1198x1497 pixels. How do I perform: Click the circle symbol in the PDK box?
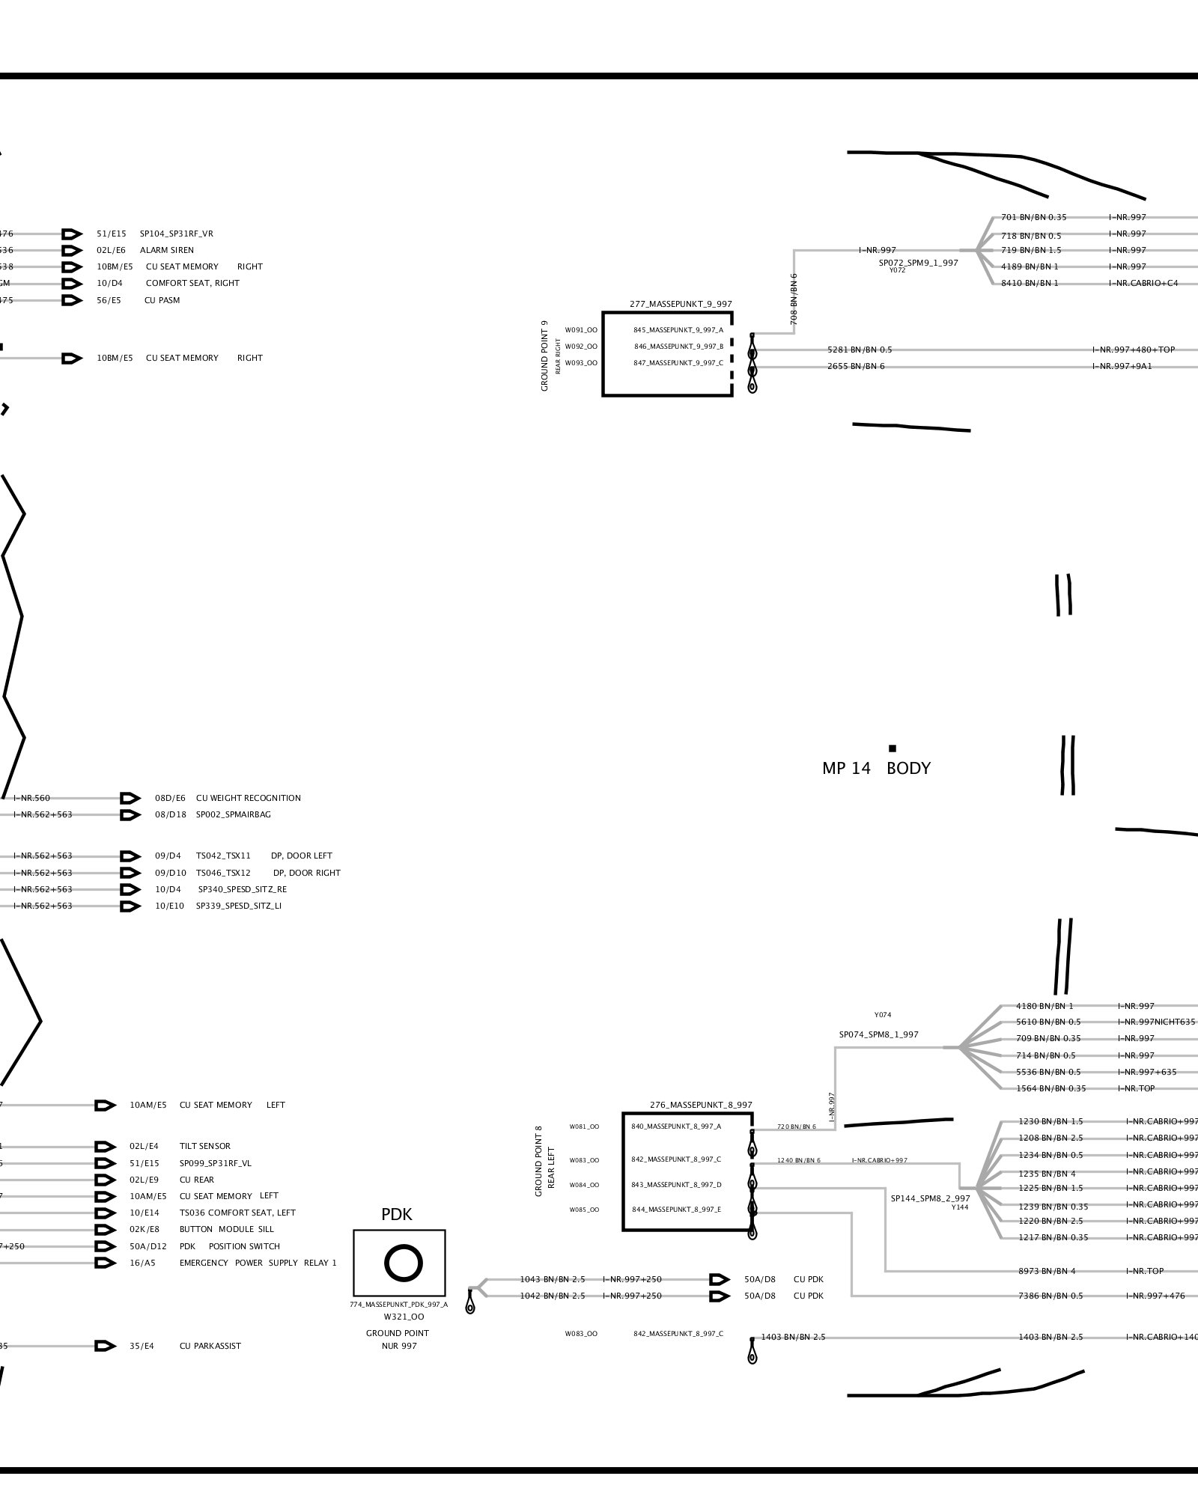[403, 1263]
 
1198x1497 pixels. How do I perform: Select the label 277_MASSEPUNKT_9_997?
[681, 304]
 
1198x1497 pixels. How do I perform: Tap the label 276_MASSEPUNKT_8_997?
[701, 1105]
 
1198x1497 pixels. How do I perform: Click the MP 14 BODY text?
[876, 768]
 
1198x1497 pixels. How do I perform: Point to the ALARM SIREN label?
[166, 250]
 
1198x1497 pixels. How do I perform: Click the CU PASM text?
[162, 300]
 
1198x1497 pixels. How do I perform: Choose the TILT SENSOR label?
[204, 1146]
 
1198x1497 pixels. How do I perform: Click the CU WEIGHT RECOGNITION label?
[248, 798]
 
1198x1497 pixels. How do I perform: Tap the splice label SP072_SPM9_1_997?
[918, 263]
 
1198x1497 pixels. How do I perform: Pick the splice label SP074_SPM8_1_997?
[878, 1034]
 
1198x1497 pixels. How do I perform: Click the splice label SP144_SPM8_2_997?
[930, 1198]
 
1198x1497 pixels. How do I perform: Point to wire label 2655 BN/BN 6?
[855, 366]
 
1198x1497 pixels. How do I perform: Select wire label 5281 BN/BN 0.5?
[859, 350]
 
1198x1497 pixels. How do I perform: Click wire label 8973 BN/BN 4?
[1046, 1271]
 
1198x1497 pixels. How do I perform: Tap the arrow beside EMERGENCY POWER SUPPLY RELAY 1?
[106, 1263]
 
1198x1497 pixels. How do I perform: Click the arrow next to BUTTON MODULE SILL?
[106, 1229]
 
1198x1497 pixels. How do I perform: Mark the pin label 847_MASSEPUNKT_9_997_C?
[678, 362]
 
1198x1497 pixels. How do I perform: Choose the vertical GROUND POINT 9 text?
[544, 356]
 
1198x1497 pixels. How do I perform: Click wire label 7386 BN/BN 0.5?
[1050, 1296]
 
